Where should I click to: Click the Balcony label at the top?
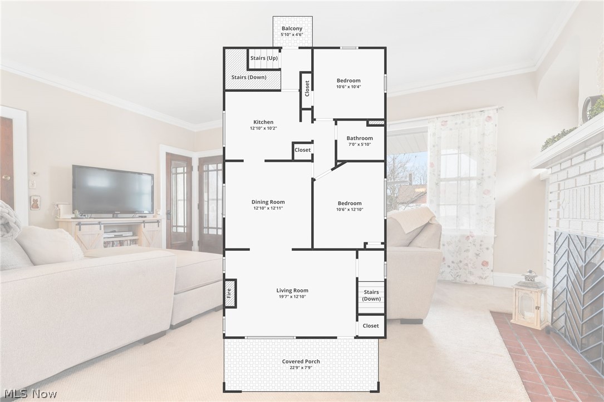292,28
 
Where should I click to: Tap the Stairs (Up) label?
264,58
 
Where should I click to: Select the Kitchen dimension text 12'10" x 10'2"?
263,128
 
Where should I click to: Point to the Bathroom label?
360,138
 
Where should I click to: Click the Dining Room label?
268,202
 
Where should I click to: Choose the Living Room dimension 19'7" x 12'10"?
292,297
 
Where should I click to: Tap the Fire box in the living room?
229,293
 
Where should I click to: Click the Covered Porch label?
301,361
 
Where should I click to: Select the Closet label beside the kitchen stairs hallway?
307,88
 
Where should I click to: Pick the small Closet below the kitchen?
303,150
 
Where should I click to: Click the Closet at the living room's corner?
371,326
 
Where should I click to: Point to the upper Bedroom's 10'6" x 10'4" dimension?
348,87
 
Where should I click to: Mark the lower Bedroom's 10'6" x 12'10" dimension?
349,210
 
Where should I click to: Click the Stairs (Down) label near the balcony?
248,77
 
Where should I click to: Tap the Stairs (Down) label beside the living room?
371,295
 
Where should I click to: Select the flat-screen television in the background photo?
112,190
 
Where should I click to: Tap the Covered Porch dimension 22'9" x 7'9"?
301,368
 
